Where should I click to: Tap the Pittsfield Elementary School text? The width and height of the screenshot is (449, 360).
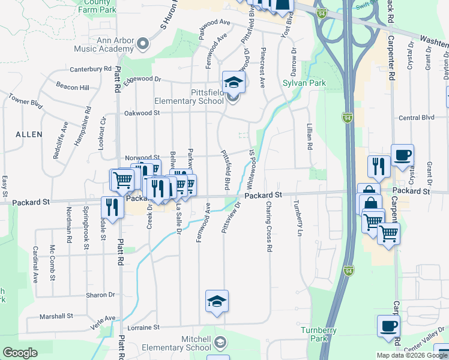point(188,97)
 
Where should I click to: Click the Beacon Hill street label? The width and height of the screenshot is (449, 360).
point(73,88)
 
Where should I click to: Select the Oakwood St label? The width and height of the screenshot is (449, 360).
point(142,113)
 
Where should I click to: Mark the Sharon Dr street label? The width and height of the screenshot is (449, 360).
point(100,295)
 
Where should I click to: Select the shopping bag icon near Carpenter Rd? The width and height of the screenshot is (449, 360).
point(370,202)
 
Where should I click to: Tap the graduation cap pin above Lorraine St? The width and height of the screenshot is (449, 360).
point(217,301)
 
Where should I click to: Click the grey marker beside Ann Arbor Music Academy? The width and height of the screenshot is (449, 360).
point(143,43)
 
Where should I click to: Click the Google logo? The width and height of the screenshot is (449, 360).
point(20,353)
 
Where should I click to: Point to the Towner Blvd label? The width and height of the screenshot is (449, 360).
point(26,100)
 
